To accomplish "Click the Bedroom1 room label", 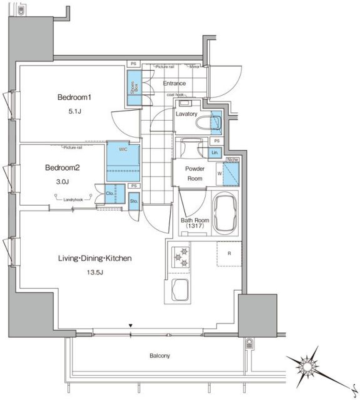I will pos(74,97).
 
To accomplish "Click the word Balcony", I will pos(159,356).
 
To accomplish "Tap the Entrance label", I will pos(174,83).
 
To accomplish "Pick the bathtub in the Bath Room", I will pos(225,212).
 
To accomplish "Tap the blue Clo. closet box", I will pos(110,194).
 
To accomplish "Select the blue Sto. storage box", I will pos(134,201).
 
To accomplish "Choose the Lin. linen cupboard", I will pos(214,152).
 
